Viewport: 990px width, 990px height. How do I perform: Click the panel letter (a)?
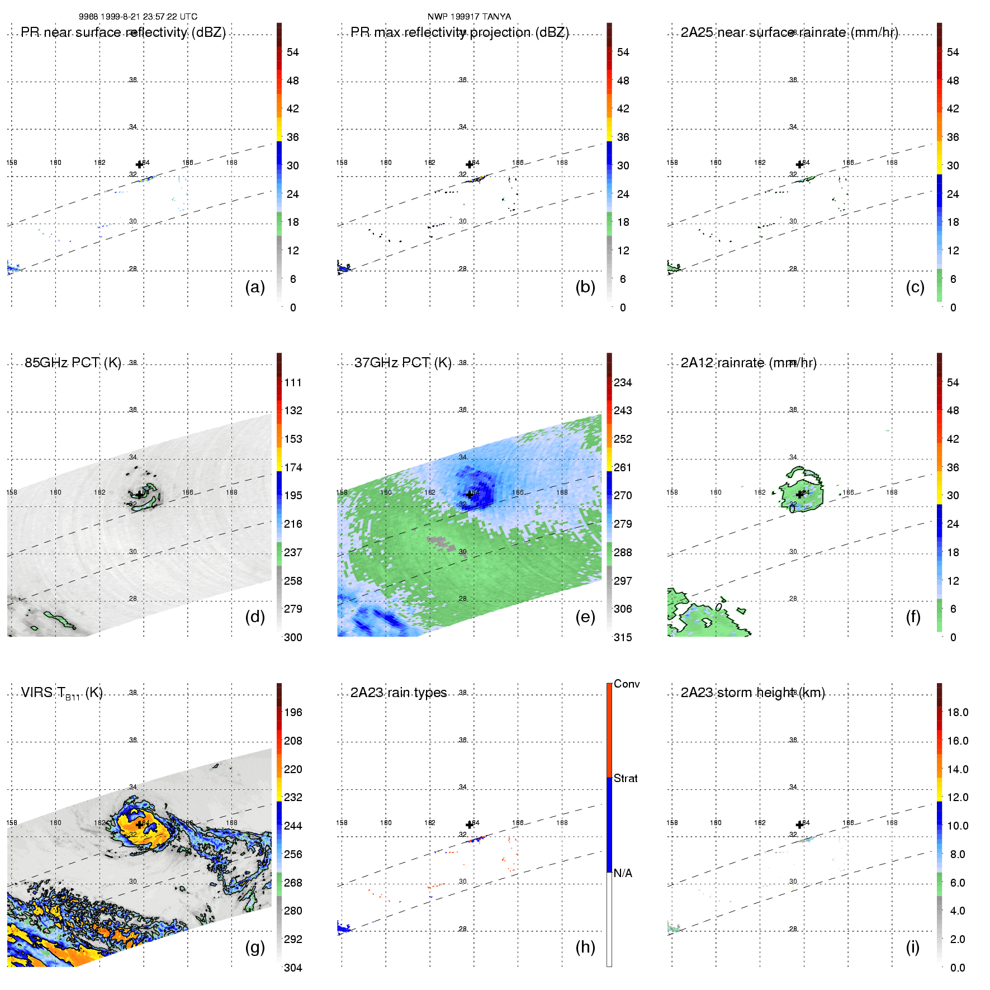[255, 287]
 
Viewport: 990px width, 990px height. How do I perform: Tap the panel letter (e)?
[585, 617]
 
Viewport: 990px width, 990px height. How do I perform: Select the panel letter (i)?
[912, 947]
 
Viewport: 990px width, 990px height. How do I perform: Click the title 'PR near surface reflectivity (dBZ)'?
[124, 32]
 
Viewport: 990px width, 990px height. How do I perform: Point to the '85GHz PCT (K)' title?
[73, 363]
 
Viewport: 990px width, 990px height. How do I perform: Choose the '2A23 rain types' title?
[399, 693]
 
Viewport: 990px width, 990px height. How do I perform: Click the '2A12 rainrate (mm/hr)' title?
[749, 363]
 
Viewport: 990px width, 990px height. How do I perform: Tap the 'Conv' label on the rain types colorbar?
[627, 684]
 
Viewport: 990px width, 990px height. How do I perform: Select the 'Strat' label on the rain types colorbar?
[626, 778]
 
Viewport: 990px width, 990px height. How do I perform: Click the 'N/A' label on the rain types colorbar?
[623, 873]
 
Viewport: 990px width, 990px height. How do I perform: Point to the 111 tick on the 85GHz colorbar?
[293, 382]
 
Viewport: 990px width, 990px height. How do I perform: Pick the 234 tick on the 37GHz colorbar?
[623, 382]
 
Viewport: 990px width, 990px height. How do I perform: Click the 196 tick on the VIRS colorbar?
[293, 712]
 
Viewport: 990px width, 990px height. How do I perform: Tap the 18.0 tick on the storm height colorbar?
[958, 712]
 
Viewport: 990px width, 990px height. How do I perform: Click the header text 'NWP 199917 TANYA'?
[469, 17]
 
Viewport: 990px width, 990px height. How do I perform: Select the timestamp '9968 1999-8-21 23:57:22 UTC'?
[138, 17]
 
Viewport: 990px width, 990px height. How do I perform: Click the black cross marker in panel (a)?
[140, 164]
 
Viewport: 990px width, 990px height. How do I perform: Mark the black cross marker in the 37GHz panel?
[470, 495]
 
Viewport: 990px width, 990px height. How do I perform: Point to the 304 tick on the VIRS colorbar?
[293, 968]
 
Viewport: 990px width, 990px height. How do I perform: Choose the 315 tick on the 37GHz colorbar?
[623, 637]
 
